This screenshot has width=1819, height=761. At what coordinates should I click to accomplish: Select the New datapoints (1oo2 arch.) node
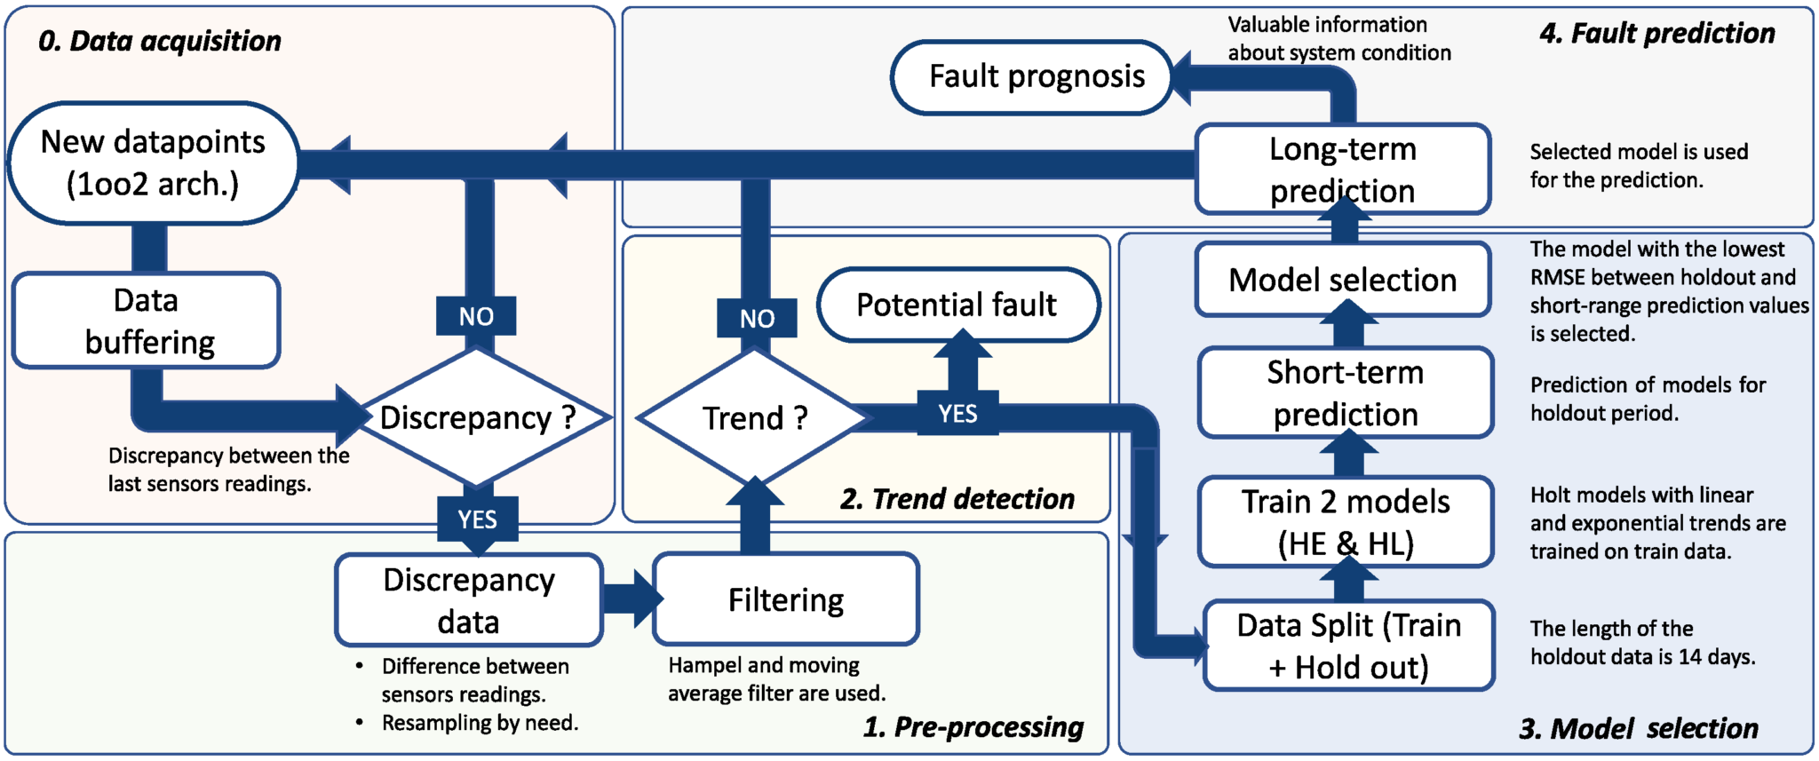[x=153, y=163]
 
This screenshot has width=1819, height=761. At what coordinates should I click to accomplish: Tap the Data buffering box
[x=147, y=321]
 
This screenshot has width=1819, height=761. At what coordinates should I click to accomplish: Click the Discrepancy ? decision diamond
[x=477, y=417]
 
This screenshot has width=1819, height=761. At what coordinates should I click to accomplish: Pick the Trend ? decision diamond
[x=754, y=417]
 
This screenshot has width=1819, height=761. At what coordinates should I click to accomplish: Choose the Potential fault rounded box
[x=957, y=305]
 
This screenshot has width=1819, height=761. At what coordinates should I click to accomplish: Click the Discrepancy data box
[x=469, y=600]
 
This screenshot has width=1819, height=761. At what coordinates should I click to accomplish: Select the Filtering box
[x=786, y=600]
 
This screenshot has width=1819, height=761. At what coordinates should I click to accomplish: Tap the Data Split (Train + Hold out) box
[x=1348, y=646]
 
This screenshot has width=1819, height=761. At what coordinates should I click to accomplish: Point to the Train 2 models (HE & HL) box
[x=1346, y=522]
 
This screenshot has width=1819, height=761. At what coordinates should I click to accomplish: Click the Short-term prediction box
[x=1346, y=392]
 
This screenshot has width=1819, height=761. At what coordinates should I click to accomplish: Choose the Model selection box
[x=1342, y=280]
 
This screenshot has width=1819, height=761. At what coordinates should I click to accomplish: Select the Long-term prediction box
[x=1342, y=169]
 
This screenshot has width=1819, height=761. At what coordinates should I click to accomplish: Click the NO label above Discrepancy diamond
[x=476, y=316]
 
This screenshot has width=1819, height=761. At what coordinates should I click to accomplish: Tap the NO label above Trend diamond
[x=757, y=319]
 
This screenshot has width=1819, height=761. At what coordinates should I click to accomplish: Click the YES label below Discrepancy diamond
[x=477, y=519]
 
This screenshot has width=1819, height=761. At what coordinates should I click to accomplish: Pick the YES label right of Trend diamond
[x=957, y=414]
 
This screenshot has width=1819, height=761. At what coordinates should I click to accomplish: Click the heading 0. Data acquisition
[x=160, y=41]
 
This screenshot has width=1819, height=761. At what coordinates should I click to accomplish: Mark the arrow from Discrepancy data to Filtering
[x=631, y=598]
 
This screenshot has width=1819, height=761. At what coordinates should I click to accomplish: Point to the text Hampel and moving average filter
[x=776, y=679]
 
